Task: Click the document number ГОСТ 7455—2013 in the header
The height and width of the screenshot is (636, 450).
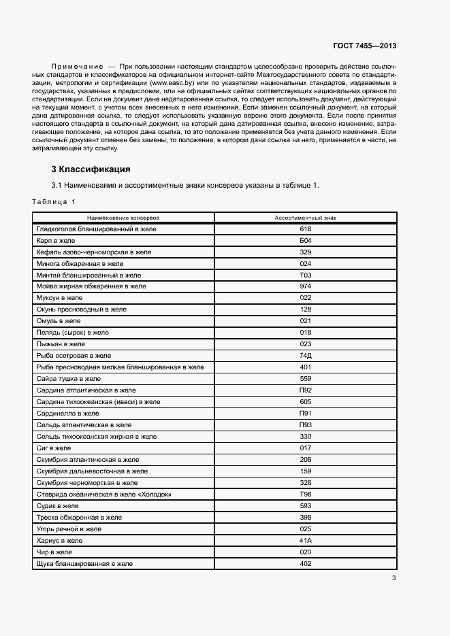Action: (364, 46)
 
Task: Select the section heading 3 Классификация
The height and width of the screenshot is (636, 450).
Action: (91, 169)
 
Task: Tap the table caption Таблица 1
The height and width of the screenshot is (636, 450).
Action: (54, 202)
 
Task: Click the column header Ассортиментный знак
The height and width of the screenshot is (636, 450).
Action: (305, 218)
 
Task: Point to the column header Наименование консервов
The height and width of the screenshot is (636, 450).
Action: (123, 218)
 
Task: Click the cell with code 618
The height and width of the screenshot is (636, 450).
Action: (305, 229)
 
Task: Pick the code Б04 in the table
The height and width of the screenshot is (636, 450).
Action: (305, 241)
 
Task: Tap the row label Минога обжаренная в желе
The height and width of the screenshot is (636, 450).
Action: (80, 263)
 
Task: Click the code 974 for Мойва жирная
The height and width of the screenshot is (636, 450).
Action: (305, 286)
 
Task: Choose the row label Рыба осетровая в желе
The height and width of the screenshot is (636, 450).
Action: (74, 356)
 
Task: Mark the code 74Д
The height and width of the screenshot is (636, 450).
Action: (305, 356)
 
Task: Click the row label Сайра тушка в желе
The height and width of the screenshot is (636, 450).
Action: (69, 379)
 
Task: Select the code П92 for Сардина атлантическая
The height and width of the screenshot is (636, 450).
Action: (305, 390)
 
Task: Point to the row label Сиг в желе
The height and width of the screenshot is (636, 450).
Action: (54, 448)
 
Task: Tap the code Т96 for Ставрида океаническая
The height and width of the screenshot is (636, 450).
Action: (305, 494)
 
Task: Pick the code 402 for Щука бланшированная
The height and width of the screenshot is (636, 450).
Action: (305, 563)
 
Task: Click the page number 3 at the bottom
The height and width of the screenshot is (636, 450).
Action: (393, 579)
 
